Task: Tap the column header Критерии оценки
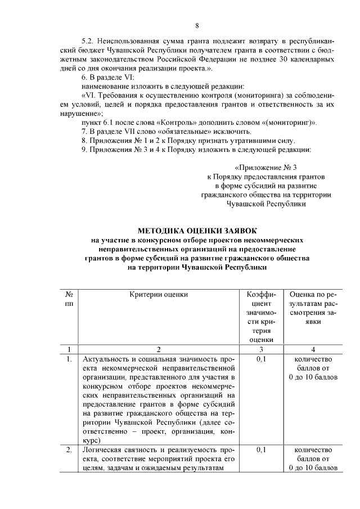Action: tap(159, 294)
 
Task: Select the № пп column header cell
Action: tap(68, 299)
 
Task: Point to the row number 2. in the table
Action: tap(69, 450)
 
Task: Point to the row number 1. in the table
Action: tap(69, 359)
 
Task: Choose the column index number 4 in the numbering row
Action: tap(313, 349)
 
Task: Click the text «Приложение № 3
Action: tap(265, 167)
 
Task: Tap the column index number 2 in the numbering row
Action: tap(159, 349)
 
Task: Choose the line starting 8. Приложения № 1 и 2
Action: tap(188, 140)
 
